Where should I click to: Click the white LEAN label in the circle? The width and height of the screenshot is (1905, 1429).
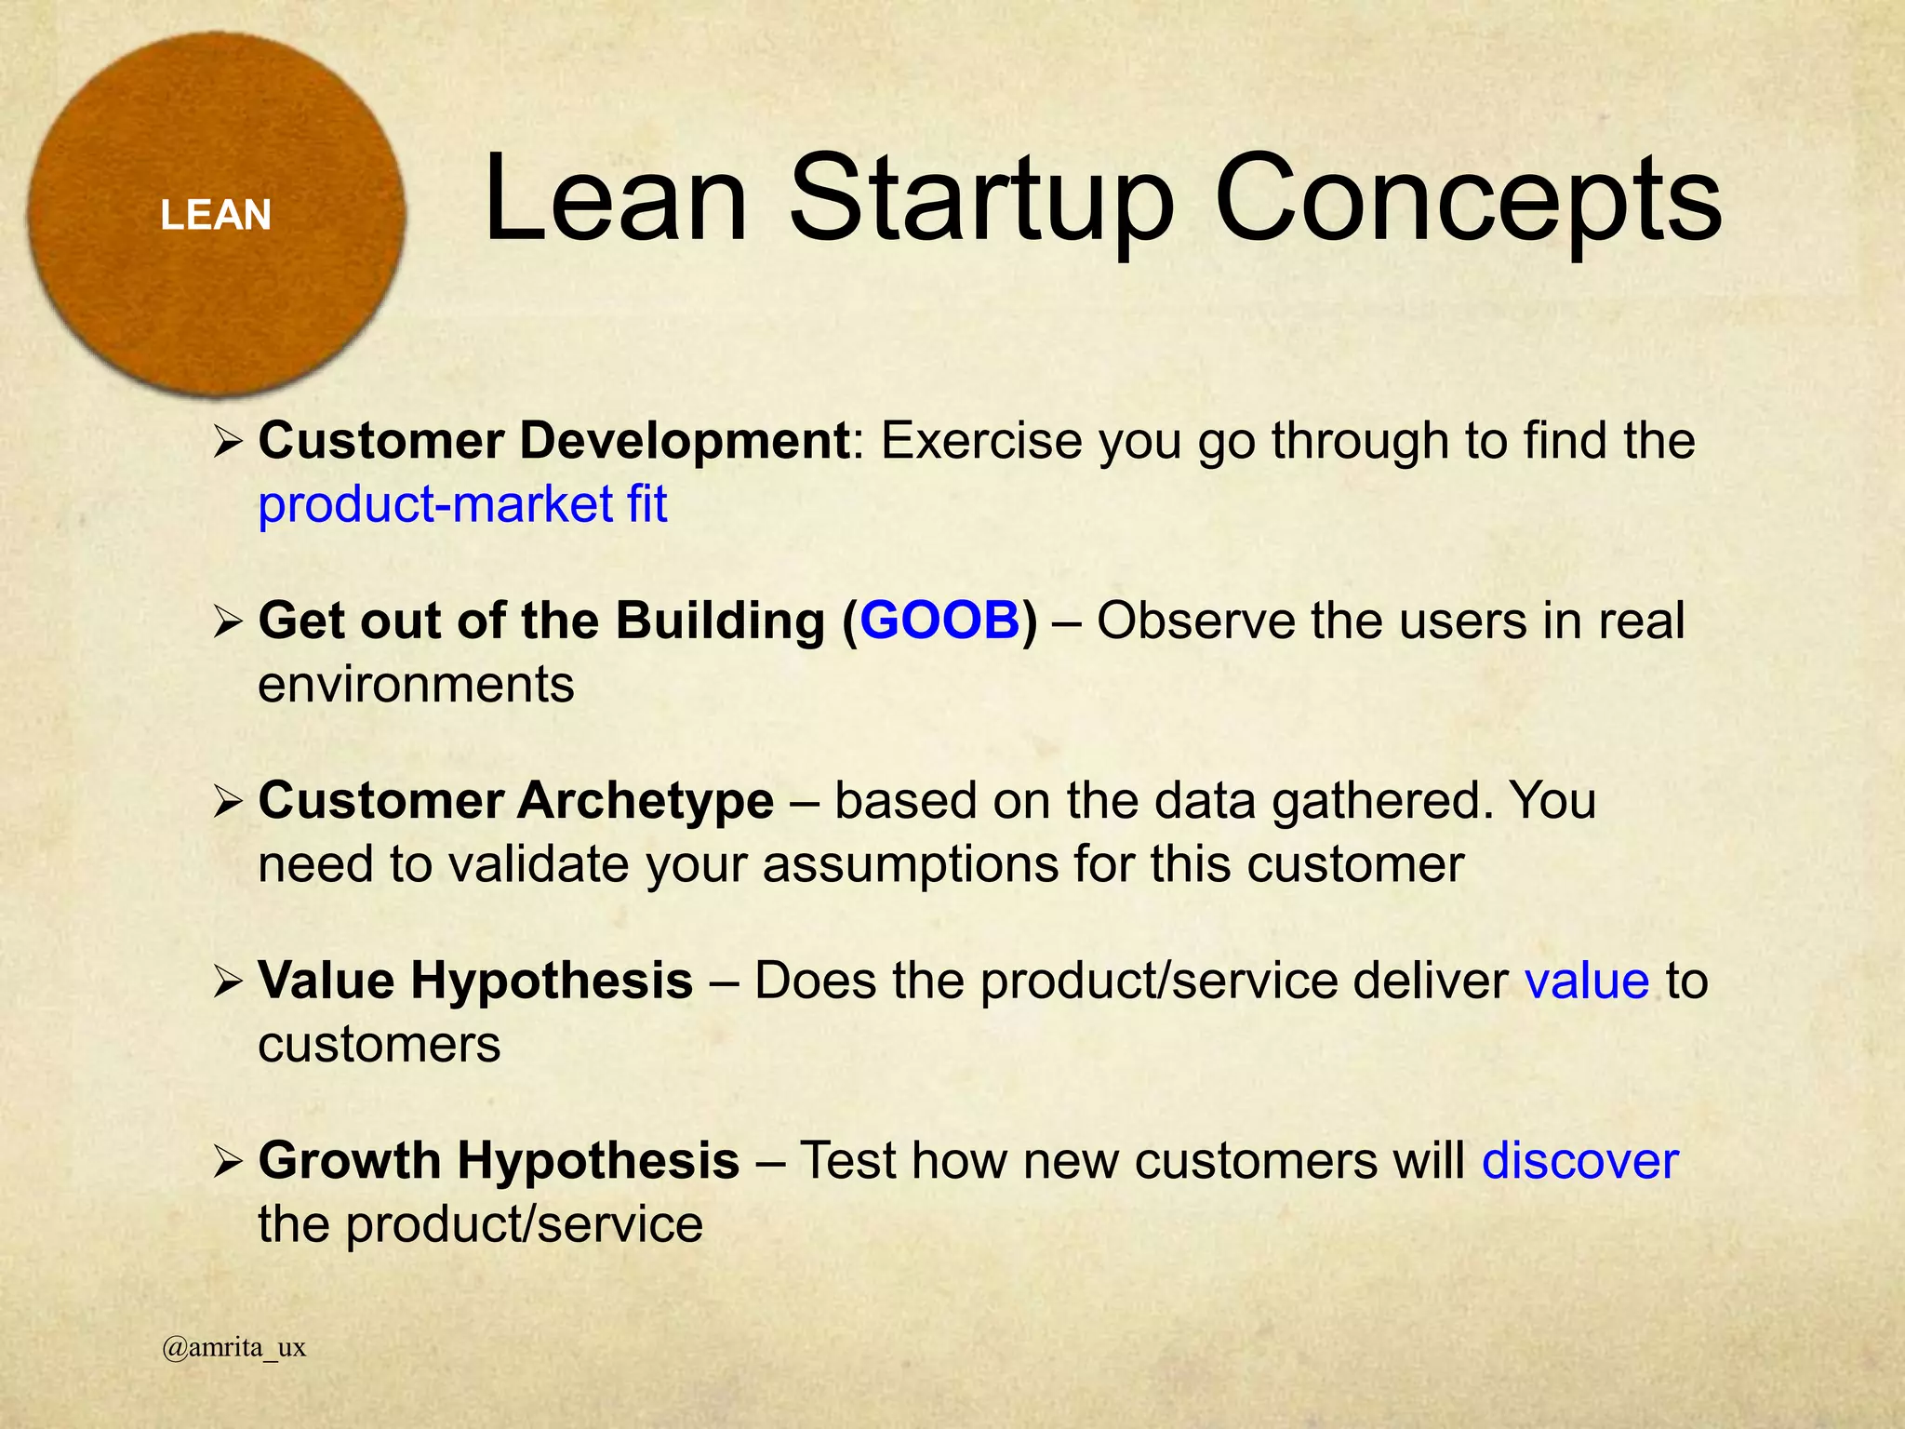pos(216,215)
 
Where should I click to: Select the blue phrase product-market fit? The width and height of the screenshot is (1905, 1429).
pos(462,504)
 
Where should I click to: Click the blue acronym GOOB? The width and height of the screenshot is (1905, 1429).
pos(939,621)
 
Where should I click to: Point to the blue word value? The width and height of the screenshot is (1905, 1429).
pos(1586,981)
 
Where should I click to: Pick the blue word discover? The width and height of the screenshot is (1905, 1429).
pos(1579,1161)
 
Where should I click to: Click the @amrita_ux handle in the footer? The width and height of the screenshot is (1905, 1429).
pos(233,1347)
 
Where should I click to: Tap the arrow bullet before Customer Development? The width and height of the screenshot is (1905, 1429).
pos(227,441)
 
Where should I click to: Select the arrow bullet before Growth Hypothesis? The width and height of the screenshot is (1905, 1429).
pos(227,1161)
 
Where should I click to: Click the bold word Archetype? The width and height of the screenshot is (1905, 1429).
pos(646,801)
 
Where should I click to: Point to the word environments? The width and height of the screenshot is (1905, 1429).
pos(416,685)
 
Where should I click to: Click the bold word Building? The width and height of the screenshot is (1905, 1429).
pos(720,621)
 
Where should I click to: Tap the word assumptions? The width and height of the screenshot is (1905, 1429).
pos(911,864)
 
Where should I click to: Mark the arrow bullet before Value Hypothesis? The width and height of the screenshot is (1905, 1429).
pos(227,981)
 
